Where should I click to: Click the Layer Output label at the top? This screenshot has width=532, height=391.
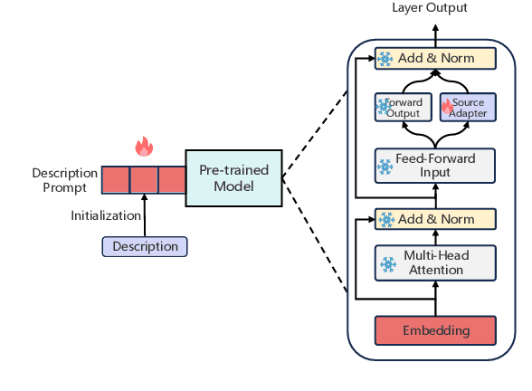[430, 8]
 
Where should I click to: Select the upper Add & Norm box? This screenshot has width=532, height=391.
[436, 59]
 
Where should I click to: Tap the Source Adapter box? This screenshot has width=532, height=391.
[468, 108]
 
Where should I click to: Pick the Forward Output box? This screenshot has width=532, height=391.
[404, 108]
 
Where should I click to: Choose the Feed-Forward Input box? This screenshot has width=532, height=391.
[436, 166]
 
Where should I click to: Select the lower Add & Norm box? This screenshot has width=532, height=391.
[436, 219]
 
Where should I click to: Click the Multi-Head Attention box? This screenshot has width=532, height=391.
[436, 263]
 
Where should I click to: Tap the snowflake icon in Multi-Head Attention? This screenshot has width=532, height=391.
[388, 264]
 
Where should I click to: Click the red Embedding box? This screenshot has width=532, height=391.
[436, 330]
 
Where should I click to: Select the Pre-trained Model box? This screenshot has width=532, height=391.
[233, 177]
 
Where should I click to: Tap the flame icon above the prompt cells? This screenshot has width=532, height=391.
[143, 146]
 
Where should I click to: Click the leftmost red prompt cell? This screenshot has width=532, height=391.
[115, 179]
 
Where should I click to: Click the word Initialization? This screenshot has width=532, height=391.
[106, 215]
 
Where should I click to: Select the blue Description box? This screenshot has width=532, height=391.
[145, 246]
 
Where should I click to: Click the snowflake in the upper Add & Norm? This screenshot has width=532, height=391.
[385, 59]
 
